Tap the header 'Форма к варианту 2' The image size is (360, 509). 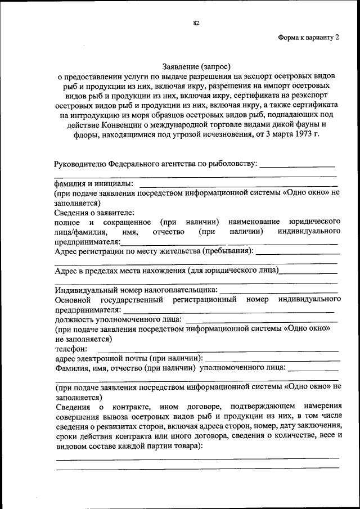[308, 38]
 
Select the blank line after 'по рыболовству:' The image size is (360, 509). [298, 165]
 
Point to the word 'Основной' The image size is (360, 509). [71, 300]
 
